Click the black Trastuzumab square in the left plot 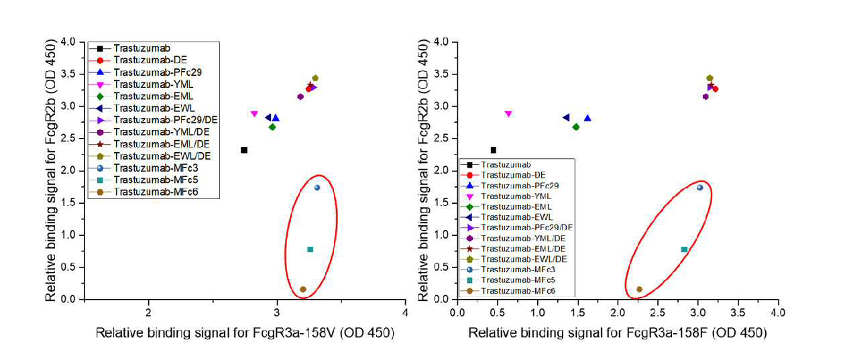244,150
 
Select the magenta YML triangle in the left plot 254,113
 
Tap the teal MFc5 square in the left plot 311,249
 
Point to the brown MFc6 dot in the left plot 303,290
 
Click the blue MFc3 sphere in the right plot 699,188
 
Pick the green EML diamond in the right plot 576,127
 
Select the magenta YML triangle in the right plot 508,113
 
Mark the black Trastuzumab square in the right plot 494,150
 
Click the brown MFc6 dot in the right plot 639,290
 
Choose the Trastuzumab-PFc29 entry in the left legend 158,72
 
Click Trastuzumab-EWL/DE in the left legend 162,156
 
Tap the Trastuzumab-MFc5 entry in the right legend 518,280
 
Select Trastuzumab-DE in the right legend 513,175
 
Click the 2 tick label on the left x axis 149,312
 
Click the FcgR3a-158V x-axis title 245,333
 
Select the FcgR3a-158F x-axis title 618,333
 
